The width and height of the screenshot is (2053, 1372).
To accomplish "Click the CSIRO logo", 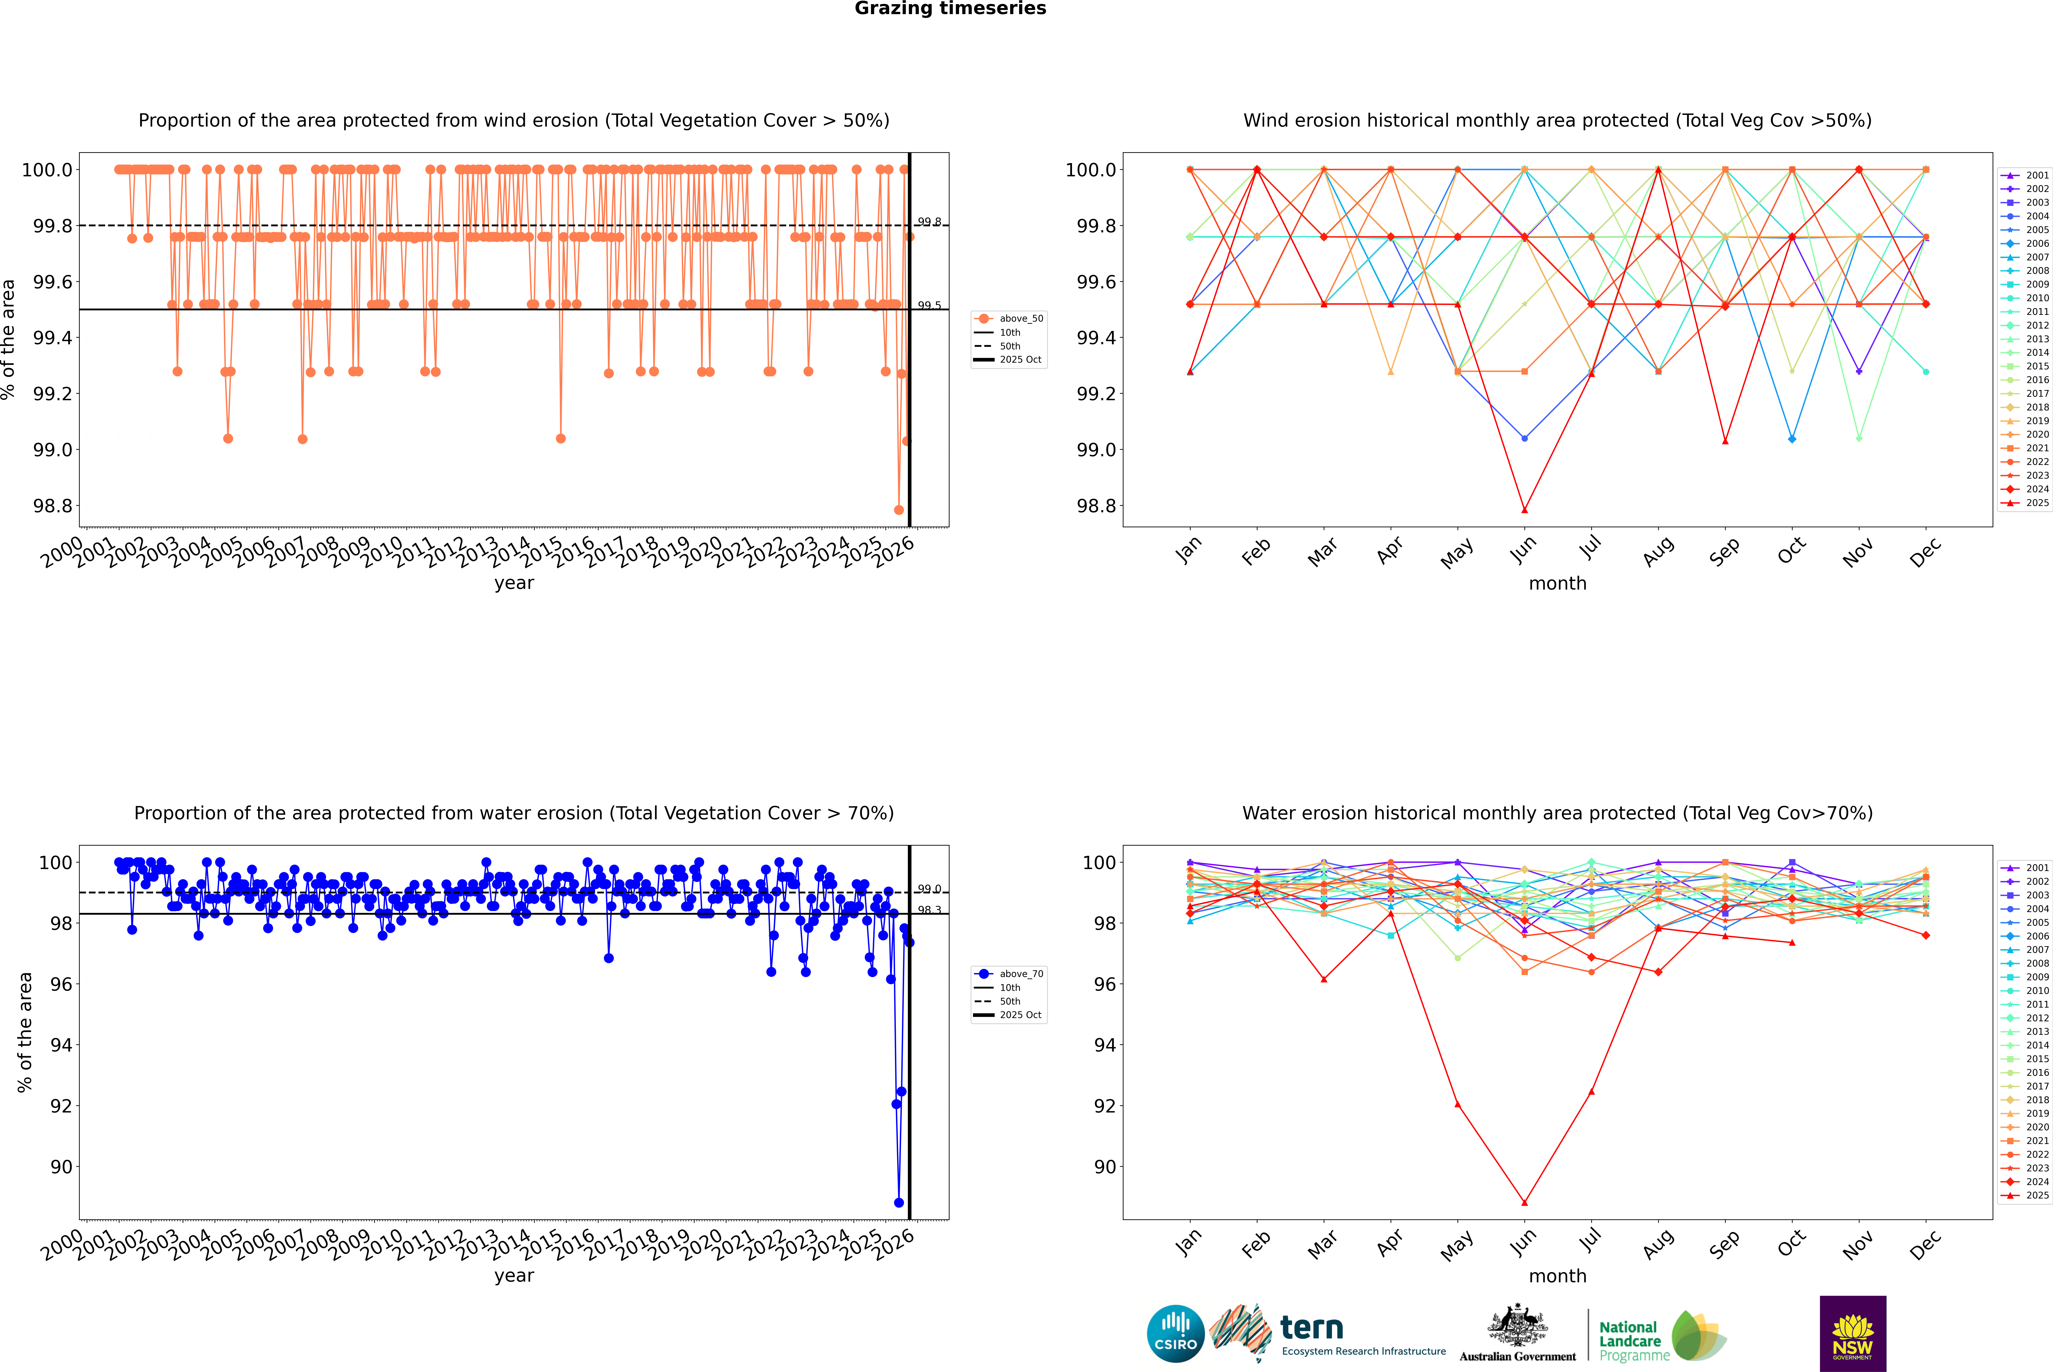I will click(x=1175, y=1334).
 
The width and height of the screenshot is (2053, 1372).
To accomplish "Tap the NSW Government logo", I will click(x=1853, y=1334).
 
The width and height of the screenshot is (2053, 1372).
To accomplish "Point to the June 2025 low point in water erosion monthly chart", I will click(x=1524, y=1202).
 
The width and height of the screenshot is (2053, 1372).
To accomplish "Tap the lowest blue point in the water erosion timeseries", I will click(x=899, y=1202).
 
